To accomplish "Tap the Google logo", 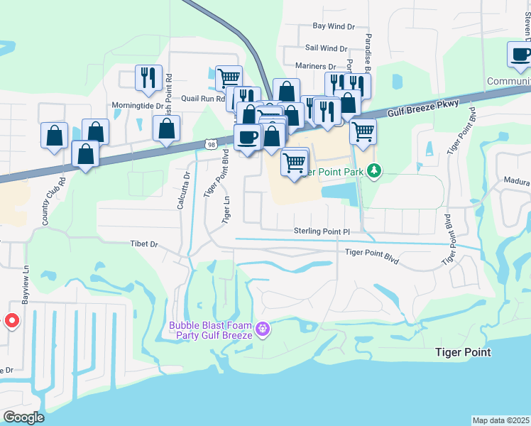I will point(23,417).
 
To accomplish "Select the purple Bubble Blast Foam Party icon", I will point(263,329).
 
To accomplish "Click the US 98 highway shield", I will point(211,143).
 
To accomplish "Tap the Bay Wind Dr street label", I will point(334,26).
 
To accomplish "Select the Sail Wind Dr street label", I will point(326,49).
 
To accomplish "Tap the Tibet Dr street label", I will point(143,244).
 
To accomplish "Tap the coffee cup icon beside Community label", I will point(519,55).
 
